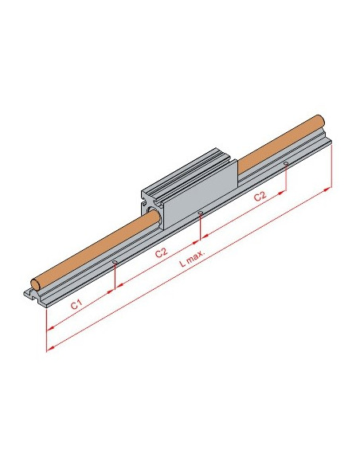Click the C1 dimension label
click(76, 305)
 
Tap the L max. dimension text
click(193, 258)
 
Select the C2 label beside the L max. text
click(162, 253)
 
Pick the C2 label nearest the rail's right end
click(260, 196)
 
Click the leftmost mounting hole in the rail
click(115, 262)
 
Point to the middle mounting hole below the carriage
click(201, 213)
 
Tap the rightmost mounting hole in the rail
click(286, 163)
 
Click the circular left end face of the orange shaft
click(35, 284)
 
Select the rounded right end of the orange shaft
click(320, 120)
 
